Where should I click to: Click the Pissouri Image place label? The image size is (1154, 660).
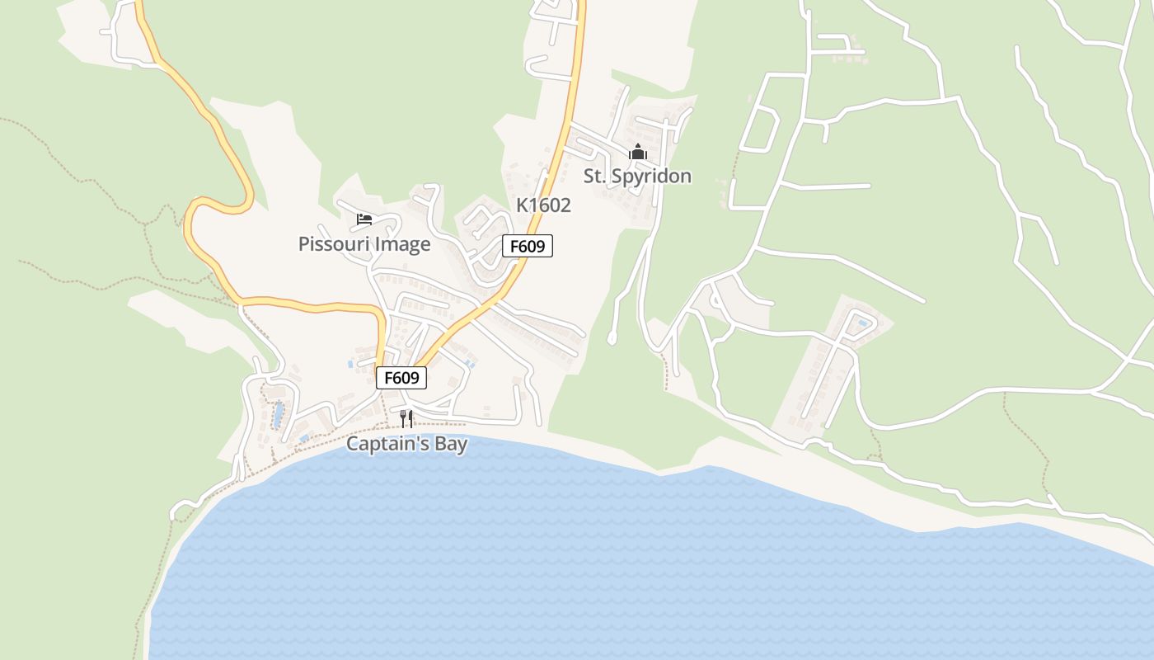[x=364, y=244]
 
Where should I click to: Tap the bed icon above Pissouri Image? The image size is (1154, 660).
[x=364, y=219]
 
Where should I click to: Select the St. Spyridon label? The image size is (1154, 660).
[x=637, y=176]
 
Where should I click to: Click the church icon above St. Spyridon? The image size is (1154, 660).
[x=637, y=152]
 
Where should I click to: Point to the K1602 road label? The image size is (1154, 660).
[x=543, y=205]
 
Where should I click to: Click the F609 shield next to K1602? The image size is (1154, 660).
[x=528, y=246]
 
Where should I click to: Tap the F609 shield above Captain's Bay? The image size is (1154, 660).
[x=401, y=378]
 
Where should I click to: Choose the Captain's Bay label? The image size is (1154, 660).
[x=406, y=444]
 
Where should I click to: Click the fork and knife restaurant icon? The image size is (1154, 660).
[x=406, y=418]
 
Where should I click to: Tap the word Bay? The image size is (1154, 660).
[x=451, y=444]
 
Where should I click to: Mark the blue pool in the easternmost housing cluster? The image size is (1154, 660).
[x=863, y=322]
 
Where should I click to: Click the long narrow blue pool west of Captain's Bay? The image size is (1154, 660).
[x=279, y=412]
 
